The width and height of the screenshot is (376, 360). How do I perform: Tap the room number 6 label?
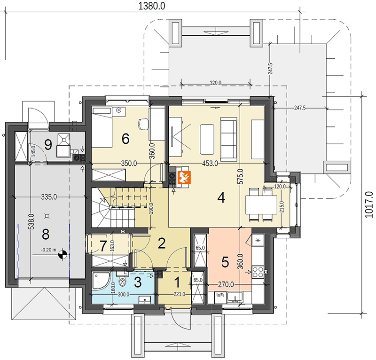125,139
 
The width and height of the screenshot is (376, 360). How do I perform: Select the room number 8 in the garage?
46,234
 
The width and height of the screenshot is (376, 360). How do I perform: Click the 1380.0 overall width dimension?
152,6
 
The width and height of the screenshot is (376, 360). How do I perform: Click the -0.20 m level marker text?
49,250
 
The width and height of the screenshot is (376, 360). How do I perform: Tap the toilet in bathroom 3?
123,281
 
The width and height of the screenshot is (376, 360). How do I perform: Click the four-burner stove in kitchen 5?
258,272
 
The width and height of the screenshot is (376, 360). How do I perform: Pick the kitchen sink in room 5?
235,297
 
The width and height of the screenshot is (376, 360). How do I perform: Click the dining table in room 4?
261,205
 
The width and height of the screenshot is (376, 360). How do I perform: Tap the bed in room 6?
102,127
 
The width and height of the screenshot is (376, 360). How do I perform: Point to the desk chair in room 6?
143,124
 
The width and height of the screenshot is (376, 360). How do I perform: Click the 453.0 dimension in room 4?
210,164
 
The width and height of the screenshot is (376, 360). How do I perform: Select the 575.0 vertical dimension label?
241,176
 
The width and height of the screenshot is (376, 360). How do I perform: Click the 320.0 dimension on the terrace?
215,83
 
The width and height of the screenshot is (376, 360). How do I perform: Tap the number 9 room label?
48,145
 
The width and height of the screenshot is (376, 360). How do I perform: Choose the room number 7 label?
103,246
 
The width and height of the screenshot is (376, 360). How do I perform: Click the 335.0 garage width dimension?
49,197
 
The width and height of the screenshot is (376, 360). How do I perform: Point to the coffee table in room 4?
207,139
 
